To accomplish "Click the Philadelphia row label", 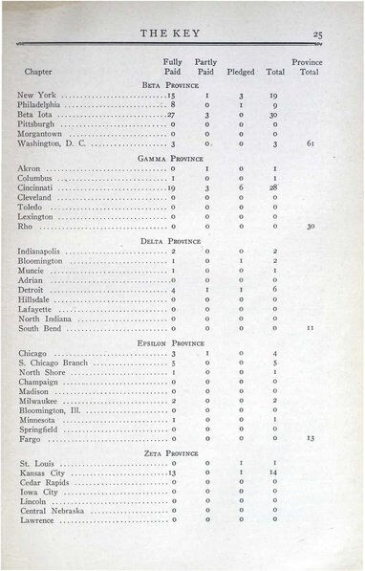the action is [44, 105].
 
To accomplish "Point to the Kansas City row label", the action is [42, 472].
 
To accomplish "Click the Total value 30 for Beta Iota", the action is [273, 115].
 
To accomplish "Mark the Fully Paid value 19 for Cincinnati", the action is [170, 188].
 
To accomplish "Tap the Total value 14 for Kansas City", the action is [273, 472].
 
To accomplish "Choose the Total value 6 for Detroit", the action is [274, 289].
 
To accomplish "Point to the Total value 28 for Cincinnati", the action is [273, 188].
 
